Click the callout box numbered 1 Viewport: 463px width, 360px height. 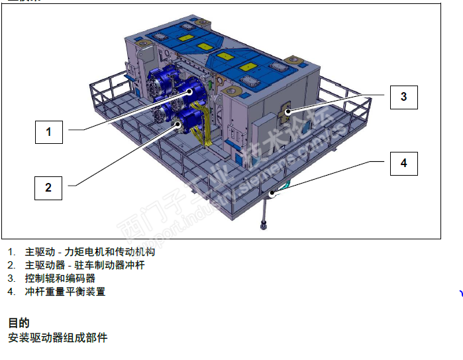pos(48,132)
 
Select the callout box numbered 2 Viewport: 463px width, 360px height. pos(48,188)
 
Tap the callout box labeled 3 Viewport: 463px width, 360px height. pos(403,97)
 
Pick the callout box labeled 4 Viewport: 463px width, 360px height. pos(403,163)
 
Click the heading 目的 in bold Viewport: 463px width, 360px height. pos(19,323)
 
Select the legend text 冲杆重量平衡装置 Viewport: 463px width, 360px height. pos(65,292)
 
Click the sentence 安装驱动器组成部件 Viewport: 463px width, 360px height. pos(57,338)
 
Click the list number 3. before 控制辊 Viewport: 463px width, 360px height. pos(11,278)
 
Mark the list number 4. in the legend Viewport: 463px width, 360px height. pos(11,292)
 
